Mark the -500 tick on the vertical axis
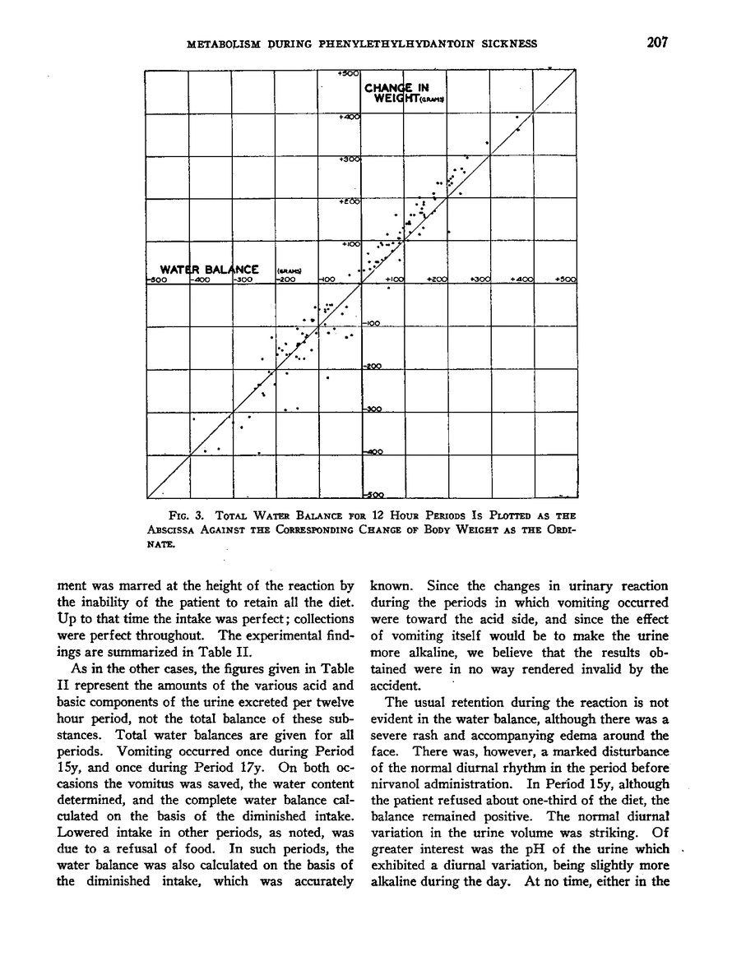(x=375, y=495)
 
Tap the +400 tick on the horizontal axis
(x=522, y=280)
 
